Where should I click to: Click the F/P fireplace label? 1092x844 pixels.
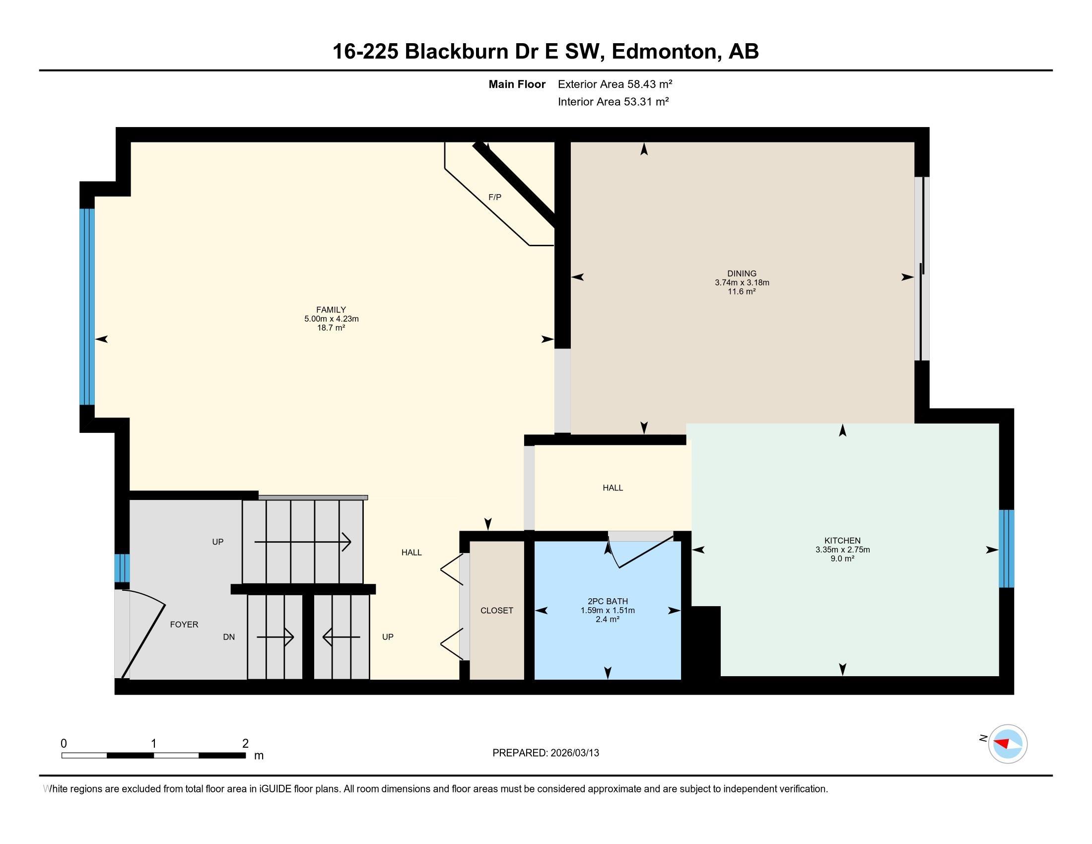(x=494, y=198)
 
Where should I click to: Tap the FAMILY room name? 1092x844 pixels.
(x=331, y=310)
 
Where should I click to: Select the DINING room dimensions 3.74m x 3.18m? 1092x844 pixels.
(x=742, y=282)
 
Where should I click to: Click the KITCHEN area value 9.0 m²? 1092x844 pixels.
(x=842, y=559)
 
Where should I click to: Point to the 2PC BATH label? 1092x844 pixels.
(x=608, y=602)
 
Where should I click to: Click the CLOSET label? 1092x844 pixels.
(x=496, y=611)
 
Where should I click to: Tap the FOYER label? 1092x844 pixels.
(x=184, y=625)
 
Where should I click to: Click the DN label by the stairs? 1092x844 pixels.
(x=228, y=637)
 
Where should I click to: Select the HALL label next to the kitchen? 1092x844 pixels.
(x=613, y=488)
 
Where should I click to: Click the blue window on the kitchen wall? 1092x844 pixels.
(x=1006, y=549)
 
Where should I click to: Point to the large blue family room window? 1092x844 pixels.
(x=87, y=306)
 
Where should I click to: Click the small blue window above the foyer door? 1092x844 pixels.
(x=122, y=568)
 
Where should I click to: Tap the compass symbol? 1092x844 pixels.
(x=1007, y=744)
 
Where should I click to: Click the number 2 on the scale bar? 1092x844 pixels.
(x=245, y=744)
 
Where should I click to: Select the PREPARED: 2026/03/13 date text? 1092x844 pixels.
(x=546, y=753)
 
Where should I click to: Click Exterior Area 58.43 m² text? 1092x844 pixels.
(x=614, y=84)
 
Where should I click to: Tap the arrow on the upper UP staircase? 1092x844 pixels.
(x=302, y=542)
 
